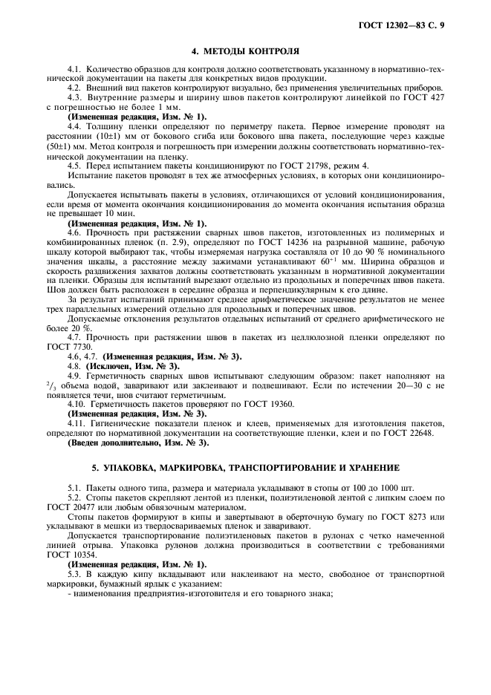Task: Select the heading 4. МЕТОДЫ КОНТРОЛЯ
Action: coord(245,52)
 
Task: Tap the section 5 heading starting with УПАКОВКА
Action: coord(245,467)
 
